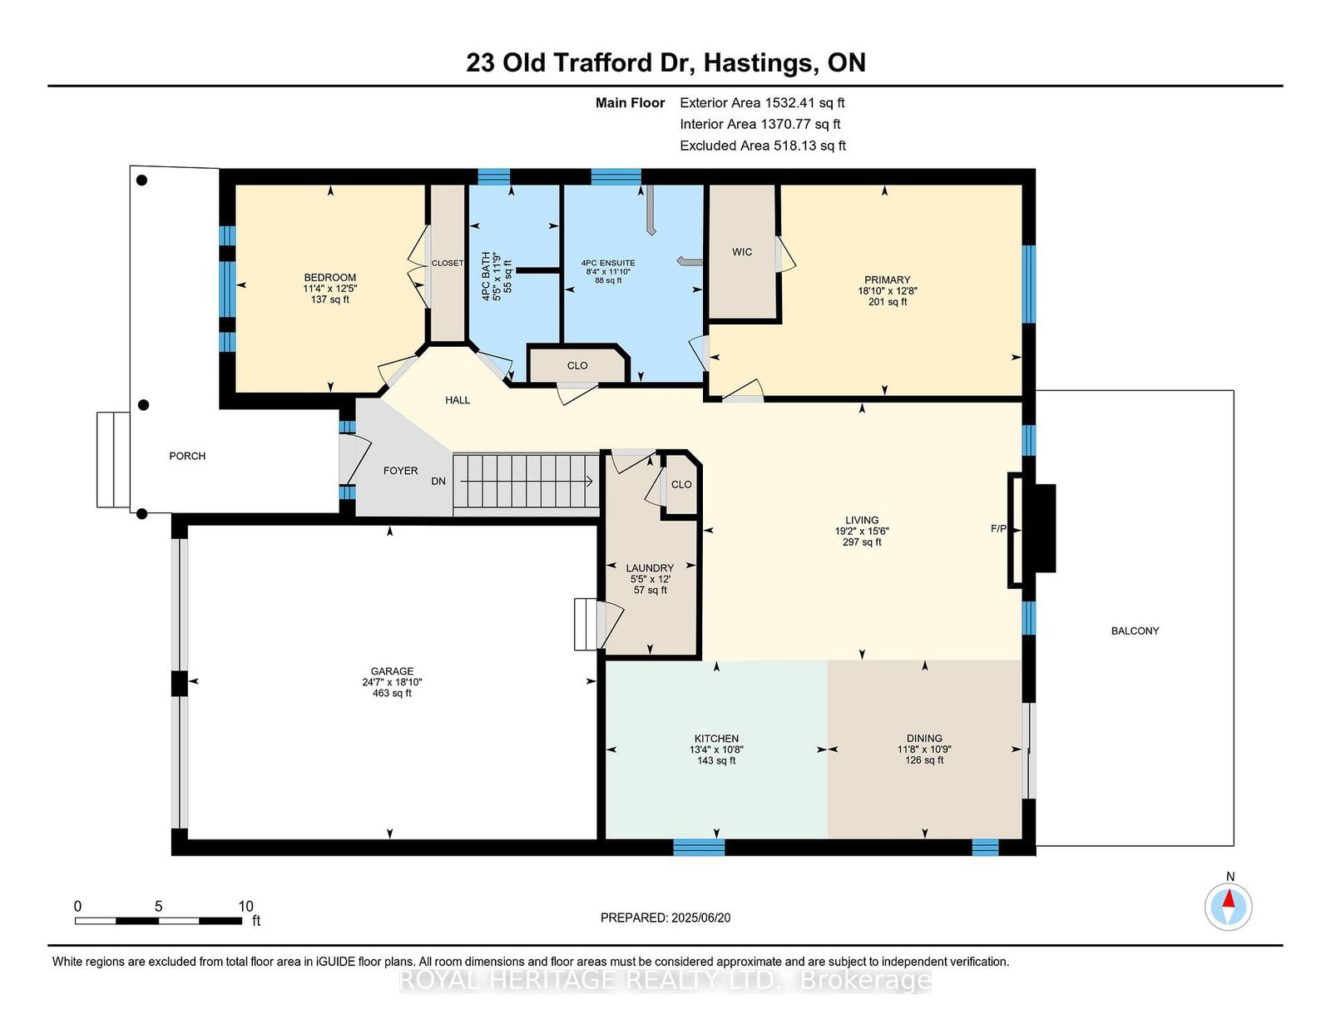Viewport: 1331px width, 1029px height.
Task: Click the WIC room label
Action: (x=742, y=252)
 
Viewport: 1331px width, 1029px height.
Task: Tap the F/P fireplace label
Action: (x=998, y=528)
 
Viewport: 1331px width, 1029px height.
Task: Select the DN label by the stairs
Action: (x=438, y=482)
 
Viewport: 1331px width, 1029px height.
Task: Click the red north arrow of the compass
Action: (x=1228, y=898)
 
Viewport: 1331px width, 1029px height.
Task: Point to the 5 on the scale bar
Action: (x=158, y=907)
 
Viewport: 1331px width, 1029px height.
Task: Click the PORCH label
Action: (x=187, y=456)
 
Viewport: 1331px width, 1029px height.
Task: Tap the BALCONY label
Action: (x=1135, y=631)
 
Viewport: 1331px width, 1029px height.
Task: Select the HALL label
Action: (x=458, y=400)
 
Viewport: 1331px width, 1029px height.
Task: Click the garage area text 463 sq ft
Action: (x=392, y=694)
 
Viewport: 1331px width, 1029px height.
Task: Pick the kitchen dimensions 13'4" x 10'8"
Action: (x=716, y=749)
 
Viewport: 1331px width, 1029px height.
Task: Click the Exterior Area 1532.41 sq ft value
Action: (x=762, y=103)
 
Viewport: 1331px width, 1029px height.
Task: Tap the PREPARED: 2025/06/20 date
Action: (x=665, y=918)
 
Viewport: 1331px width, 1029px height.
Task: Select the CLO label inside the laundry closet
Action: (x=681, y=484)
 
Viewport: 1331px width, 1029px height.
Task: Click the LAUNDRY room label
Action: (x=650, y=568)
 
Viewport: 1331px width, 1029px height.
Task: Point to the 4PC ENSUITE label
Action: (x=607, y=263)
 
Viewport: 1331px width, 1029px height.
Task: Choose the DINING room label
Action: (x=924, y=739)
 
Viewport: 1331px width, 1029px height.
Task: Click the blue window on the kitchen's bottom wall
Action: (x=699, y=847)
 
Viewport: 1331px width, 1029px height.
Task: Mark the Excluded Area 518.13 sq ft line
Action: (x=763, y=146)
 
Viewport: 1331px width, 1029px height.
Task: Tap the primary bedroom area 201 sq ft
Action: (x=887, y=302)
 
